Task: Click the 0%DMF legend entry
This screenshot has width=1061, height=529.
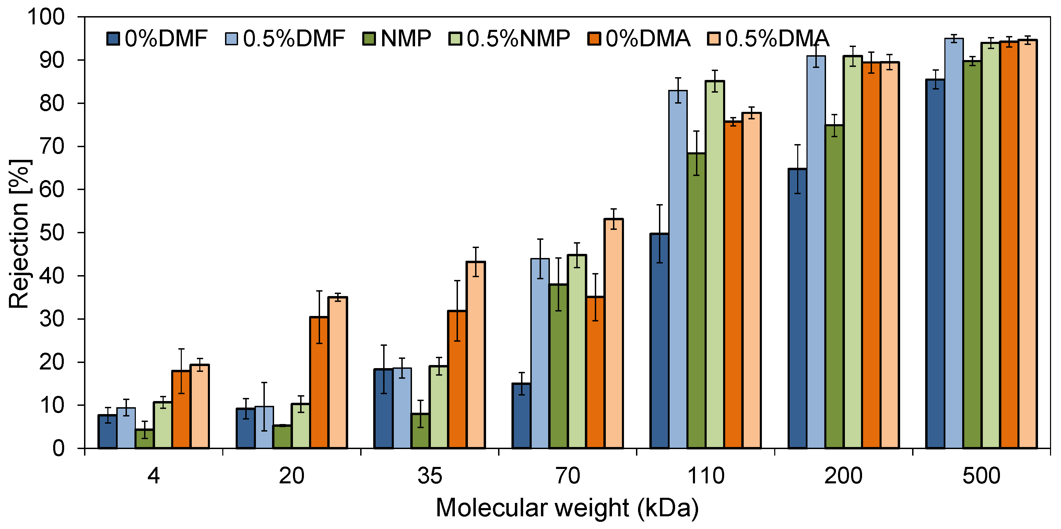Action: tap(156, 39)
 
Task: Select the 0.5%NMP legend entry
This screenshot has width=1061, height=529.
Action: tap(509, 39)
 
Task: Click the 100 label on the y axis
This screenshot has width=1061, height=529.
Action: tap(46, 17)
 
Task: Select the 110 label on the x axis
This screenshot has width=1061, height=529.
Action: tap(706, 475)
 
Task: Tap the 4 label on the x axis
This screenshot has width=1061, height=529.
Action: tap(154, 475)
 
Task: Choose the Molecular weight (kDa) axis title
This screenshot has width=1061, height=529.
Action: tap(567, 508)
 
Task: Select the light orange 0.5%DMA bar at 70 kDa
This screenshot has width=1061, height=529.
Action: tap(613, 334)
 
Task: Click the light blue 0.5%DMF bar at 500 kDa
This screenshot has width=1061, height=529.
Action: tap(954, 243)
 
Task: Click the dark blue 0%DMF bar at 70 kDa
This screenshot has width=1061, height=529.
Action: tap(521, 416)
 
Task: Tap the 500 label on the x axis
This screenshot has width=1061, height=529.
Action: tap(981, 475)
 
